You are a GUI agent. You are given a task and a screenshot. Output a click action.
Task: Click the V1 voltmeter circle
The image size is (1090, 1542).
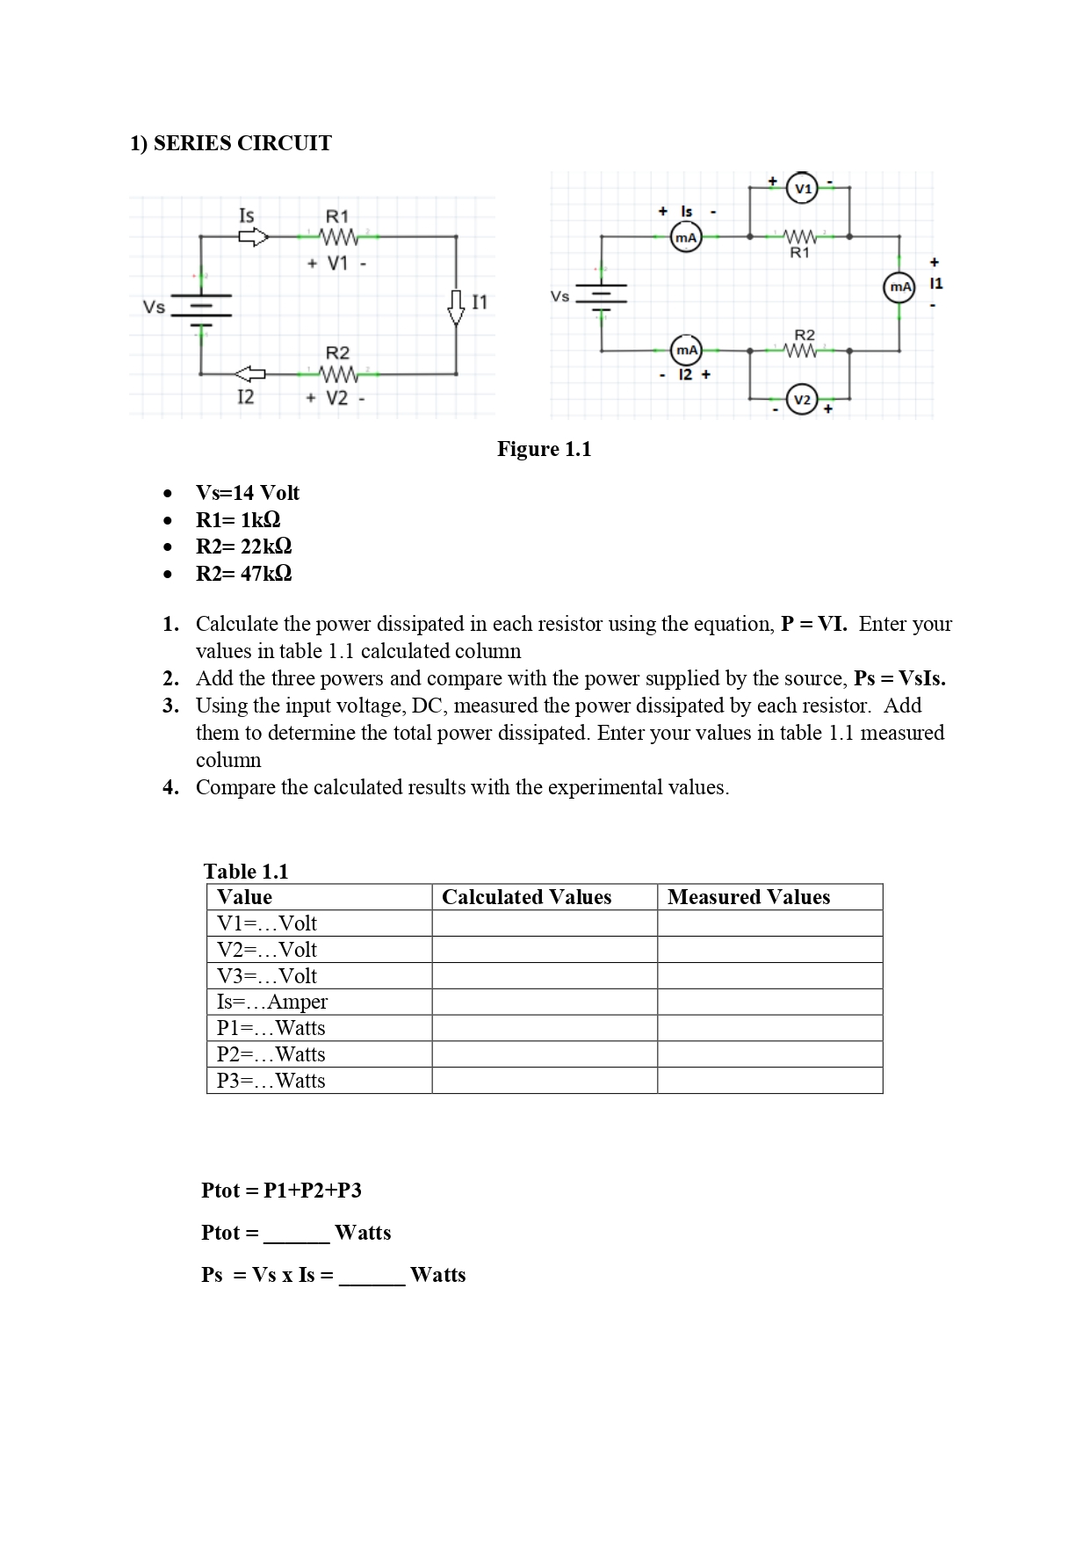click(802, 189)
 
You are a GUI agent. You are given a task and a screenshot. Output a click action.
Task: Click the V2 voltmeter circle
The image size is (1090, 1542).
click(802, 400)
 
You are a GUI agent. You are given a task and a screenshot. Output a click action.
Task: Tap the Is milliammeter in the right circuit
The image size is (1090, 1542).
click(686, 237)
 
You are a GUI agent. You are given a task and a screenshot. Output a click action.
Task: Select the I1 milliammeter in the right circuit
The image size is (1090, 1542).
click(899, 287)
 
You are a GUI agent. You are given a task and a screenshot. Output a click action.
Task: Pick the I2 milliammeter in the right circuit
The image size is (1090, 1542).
click(686, 351)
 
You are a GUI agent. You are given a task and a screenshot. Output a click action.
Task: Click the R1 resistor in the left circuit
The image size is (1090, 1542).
click(338, 237)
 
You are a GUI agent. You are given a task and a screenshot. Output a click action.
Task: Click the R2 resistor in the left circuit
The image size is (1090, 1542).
click(338, 374)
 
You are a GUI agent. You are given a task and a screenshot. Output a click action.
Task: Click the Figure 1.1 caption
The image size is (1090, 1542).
click(544, 449)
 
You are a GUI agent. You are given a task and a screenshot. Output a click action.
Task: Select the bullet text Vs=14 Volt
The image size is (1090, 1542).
click(248, 493)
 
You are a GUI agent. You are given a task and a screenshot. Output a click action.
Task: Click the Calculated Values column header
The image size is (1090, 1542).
click(526, 897)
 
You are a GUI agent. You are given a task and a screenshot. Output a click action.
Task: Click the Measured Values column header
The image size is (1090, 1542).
click(748, 897)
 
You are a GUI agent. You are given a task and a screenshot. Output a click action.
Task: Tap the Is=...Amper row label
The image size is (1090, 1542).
click(272, 1002)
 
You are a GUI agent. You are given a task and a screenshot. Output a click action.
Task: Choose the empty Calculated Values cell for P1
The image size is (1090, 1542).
click(544, 1028)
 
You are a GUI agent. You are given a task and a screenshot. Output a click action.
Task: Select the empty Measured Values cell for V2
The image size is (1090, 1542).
click(769, 950)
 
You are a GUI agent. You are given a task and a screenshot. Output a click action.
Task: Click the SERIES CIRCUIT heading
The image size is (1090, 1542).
click(231, 143)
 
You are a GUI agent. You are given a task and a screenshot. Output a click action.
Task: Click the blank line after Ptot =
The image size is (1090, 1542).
click(296, 1234)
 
